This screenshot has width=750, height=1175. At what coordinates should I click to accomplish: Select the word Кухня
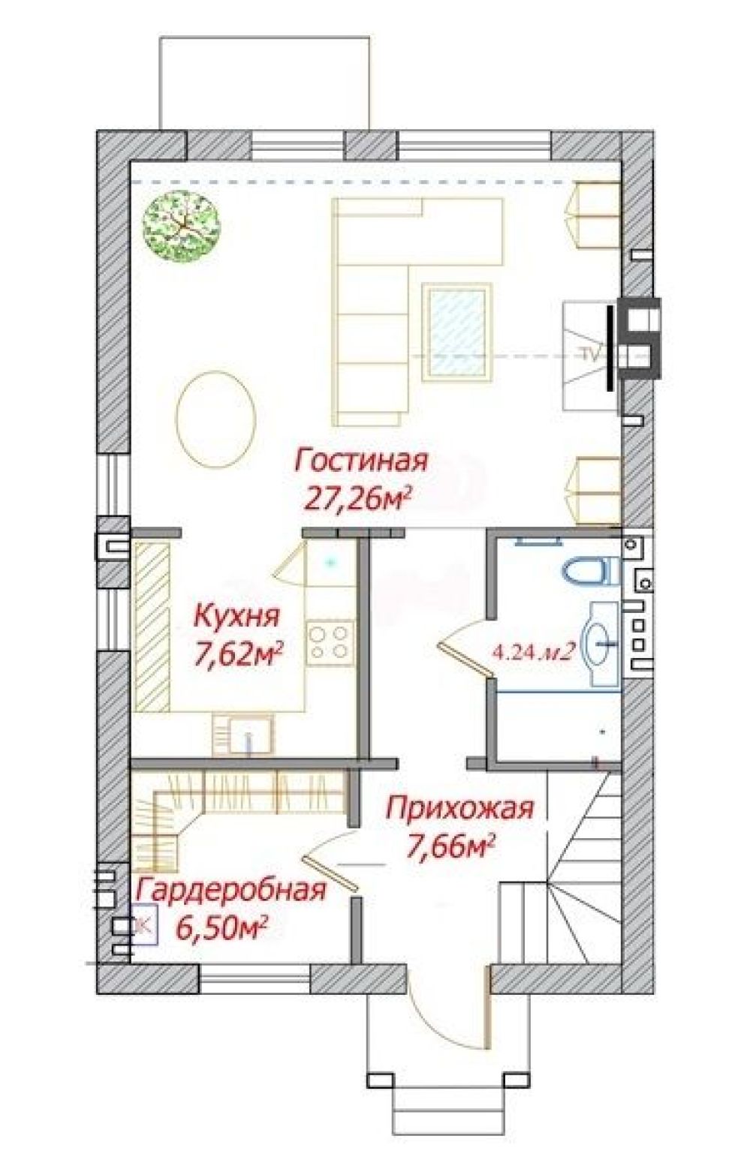coord(236,617)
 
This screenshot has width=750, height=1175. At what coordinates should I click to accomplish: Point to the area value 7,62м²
coord(237,654)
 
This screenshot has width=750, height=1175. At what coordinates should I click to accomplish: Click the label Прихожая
coord(459,809)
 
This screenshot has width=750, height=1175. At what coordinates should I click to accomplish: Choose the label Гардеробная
coord(232,891)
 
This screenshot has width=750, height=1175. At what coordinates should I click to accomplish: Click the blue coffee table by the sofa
coord(456,331)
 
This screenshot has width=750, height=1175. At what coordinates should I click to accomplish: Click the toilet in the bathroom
coord(586,572)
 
